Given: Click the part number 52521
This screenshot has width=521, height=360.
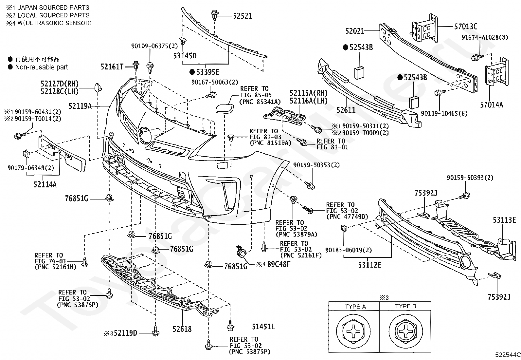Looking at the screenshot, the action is (243, 16).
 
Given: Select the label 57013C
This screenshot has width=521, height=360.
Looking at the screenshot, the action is (466, 26).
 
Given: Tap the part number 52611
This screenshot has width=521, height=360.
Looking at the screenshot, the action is (346, 110).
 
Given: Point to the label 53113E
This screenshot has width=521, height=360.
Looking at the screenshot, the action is (504, 220).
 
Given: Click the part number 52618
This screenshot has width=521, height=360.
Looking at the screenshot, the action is (182, 329).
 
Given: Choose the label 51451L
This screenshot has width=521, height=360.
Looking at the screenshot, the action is (263, 327).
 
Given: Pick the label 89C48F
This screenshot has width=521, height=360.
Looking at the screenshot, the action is (279, 264).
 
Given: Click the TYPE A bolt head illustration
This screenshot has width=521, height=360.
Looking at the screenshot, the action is (353, 331).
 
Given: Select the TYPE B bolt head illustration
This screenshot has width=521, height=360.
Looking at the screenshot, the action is (405, 331).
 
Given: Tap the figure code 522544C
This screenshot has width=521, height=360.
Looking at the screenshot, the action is (508, 354).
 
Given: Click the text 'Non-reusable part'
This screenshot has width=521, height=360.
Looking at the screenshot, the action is (42, 67).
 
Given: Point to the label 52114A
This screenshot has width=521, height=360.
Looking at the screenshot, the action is (45, 184).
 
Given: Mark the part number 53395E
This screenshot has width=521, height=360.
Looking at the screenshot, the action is (208, 72).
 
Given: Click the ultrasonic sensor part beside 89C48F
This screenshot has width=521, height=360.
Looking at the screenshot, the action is (241, 252).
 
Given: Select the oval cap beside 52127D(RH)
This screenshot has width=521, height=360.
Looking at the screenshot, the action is (98, 88).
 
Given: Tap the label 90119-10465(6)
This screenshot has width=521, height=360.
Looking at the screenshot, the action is (444, 113).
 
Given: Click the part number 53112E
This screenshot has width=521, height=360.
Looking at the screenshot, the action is (369, 265).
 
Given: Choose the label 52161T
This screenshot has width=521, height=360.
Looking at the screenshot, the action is (112, 67).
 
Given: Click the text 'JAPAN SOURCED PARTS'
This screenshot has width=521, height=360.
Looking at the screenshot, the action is (53, 8).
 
